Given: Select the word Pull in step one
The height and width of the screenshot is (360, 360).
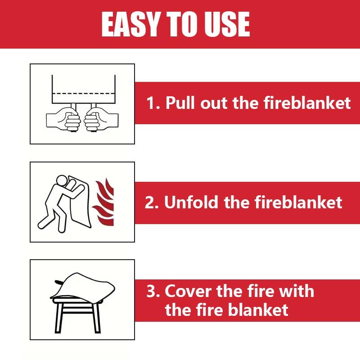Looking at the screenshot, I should tap(181, 103).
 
